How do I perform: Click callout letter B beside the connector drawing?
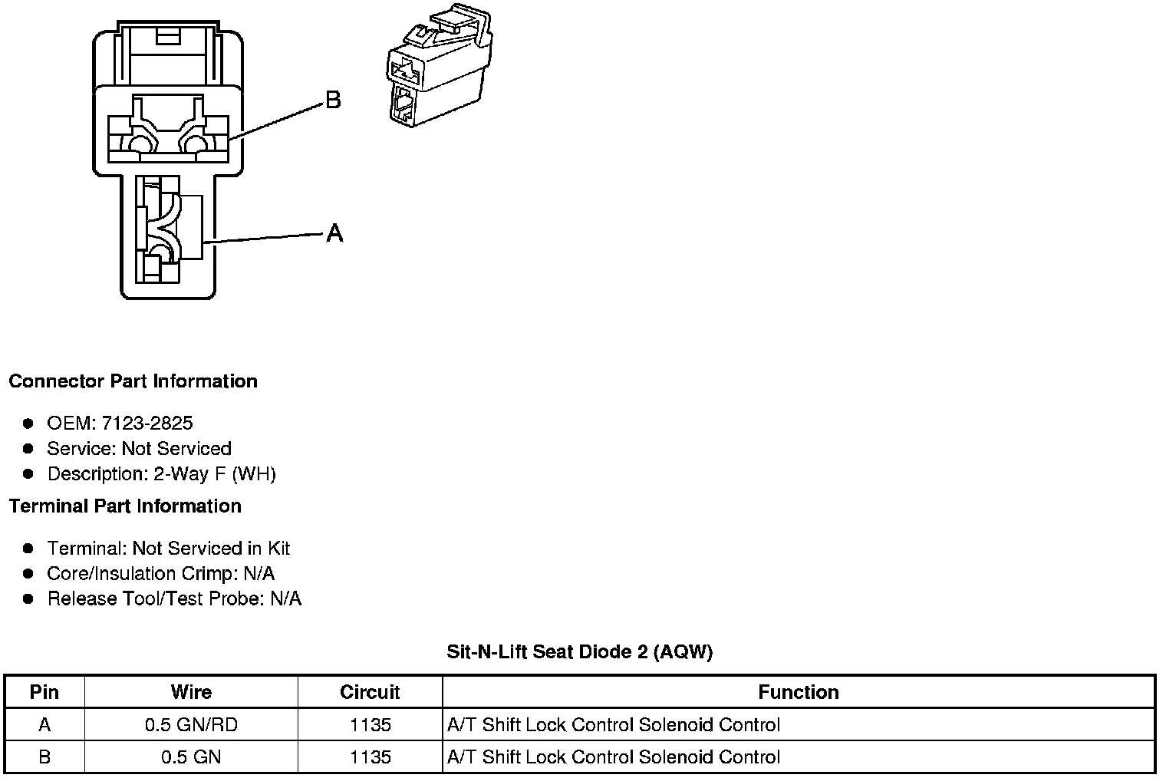pos(333,100)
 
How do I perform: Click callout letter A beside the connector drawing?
pos(334,233)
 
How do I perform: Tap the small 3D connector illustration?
pos(440,65)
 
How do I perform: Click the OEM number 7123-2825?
pos(147,423)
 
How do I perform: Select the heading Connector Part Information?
pos(133,381)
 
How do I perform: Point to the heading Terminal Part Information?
pos(126,506)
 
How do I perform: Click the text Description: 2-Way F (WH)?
pos(161,474)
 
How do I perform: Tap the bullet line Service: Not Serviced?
pos(139,448)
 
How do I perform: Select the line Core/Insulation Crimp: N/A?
pos(160,573)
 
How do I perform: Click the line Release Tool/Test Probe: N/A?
pos(174,599)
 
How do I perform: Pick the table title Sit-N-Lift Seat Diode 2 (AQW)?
pos(579,652)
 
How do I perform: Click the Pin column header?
pos(44,692)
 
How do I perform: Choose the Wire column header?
pos(191,692)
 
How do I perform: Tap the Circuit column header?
pos(370,692)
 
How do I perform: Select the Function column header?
pos(799,692)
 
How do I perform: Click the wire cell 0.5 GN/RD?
pos(191,724)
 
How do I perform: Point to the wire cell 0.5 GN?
pos(191,757)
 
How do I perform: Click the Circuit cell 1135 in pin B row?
pos(370,757)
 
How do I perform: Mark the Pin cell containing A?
pos(44,724)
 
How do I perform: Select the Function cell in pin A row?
pos(614,724)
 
